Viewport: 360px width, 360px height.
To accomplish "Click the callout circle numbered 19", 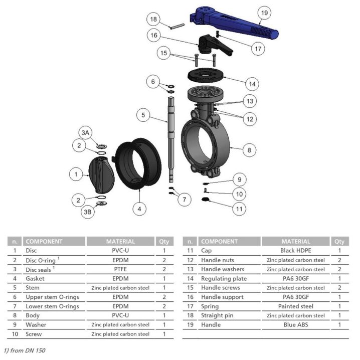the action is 264,13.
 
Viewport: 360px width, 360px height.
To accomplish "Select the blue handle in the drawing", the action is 234,23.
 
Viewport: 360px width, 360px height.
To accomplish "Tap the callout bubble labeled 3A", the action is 85,132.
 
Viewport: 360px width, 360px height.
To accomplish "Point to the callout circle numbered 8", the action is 249,150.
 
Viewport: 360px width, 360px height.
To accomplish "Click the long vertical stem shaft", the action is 171,139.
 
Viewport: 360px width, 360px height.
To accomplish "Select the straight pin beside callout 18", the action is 177,27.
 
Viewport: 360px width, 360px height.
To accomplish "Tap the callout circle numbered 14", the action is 252,84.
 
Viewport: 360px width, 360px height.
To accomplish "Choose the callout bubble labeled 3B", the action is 87,212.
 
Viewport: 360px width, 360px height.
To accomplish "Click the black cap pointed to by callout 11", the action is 206,199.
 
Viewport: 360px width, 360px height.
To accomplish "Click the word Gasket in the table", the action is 35,278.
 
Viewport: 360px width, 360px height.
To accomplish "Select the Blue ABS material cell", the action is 296,324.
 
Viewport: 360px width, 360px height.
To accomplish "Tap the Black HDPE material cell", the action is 296,251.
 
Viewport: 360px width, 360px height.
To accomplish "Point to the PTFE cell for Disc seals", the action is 120,269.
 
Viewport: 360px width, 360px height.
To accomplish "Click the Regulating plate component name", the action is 224,278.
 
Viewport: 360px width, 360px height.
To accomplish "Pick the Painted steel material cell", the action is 296,306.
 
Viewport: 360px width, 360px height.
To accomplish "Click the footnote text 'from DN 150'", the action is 28,350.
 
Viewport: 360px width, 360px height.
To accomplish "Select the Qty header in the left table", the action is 164,241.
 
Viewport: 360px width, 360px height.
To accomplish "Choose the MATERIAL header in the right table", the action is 296,241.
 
